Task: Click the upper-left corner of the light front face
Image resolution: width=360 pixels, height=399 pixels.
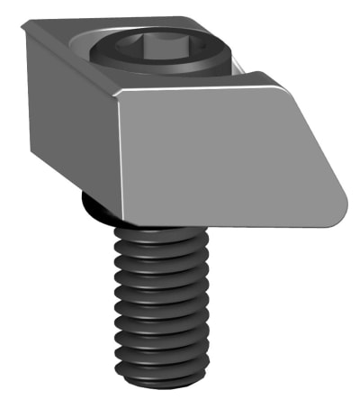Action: pyautogui.click(x=119, y=92)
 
